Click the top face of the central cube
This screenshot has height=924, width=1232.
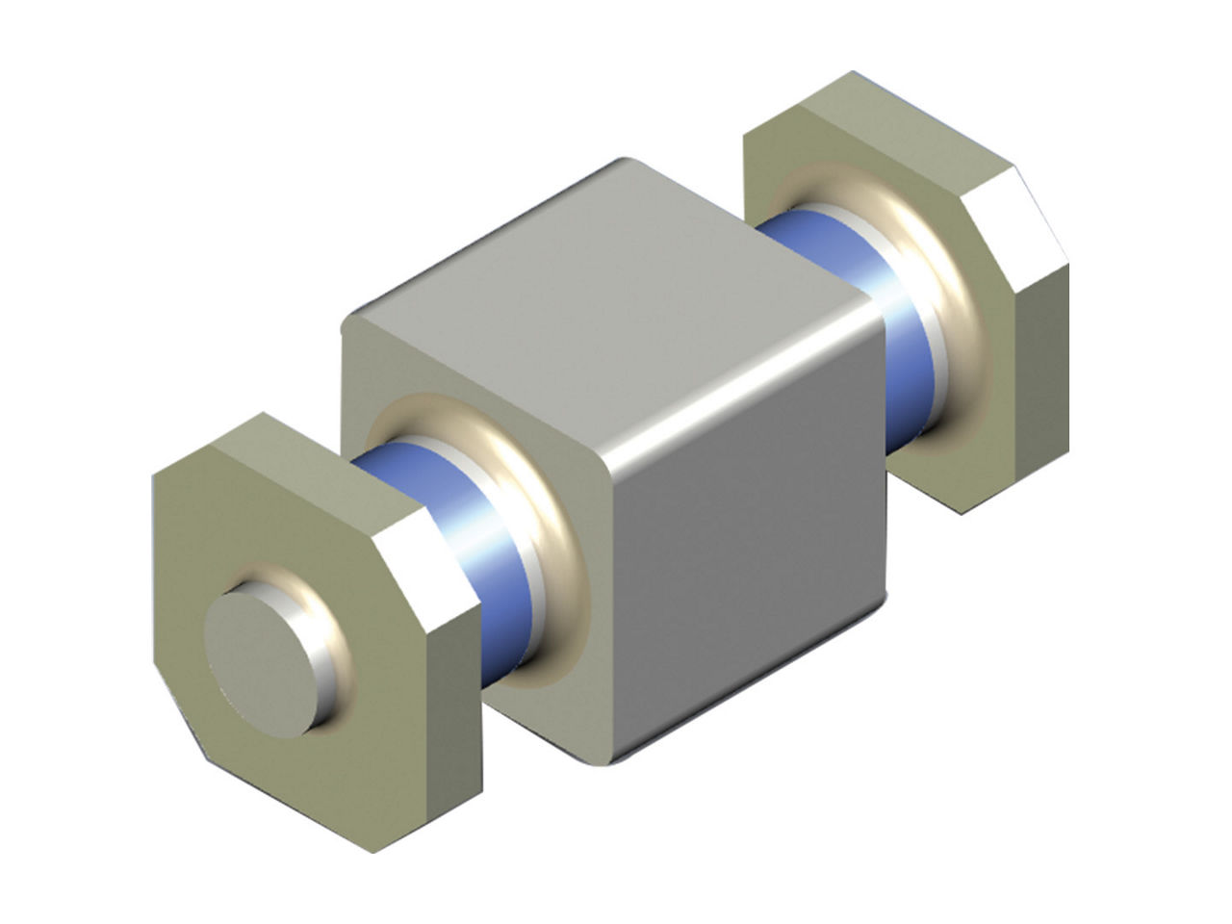click(606, 289)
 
